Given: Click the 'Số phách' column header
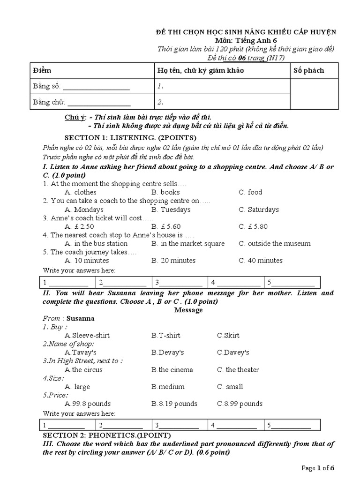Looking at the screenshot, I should click(308, 70).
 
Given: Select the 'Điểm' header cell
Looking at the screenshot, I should click(42, 70).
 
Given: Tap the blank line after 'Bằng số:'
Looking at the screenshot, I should click(96, 87).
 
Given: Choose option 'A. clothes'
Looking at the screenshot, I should click(81, 192).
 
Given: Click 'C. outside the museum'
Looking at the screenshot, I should click(274, 243).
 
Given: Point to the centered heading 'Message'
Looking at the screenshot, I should click(188, 310).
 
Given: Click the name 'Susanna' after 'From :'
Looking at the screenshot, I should click(81, 318).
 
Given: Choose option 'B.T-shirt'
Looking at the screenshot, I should click(165, 335).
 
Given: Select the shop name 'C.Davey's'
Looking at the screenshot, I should click(233, 352).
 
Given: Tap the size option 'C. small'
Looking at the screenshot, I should click(230, 387).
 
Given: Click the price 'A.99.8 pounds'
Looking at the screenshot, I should click(88, 404).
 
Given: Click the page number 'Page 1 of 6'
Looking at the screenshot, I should click(318, 468).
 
